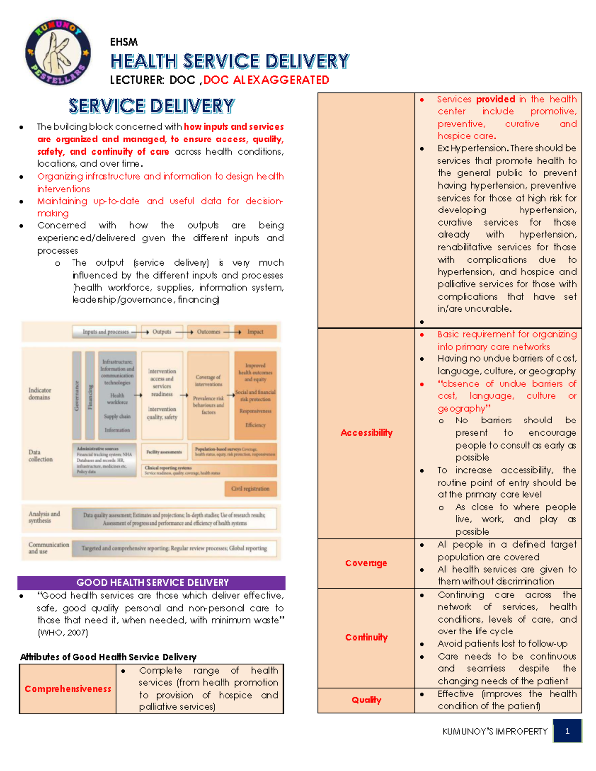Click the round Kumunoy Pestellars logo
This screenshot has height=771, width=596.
[x=59, y=53]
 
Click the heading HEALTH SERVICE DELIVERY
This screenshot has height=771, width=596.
[x=229, y=61]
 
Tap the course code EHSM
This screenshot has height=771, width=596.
[x=124, y=42]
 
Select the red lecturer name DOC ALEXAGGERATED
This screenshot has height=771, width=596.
[x=266, y=80]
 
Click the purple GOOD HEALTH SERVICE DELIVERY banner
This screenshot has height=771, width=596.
[x=151, y=582]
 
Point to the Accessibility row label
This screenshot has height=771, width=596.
[x=366, y=433]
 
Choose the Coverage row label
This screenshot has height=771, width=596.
[x=366, y=563]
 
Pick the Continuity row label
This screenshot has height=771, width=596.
[x=366, y=637]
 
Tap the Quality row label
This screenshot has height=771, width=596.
[x=366, y=700]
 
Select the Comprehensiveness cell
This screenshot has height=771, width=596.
[x=68, y=689]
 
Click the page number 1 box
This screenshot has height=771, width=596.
[x=567, y=731]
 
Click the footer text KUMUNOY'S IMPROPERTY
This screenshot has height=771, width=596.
[x=495, y=731]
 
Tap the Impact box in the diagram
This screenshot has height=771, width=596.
[x=255, y=332]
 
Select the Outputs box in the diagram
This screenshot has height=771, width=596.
[x=162, y=332]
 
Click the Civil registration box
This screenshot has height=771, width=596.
[x=250, y=489]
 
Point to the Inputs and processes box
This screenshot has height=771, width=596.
[x=105, y=332]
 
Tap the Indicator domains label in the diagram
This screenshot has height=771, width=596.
[x=40, y=394]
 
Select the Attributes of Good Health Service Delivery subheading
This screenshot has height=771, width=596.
[x=108, y=657]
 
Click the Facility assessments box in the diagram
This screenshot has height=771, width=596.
[x=164, y=452]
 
